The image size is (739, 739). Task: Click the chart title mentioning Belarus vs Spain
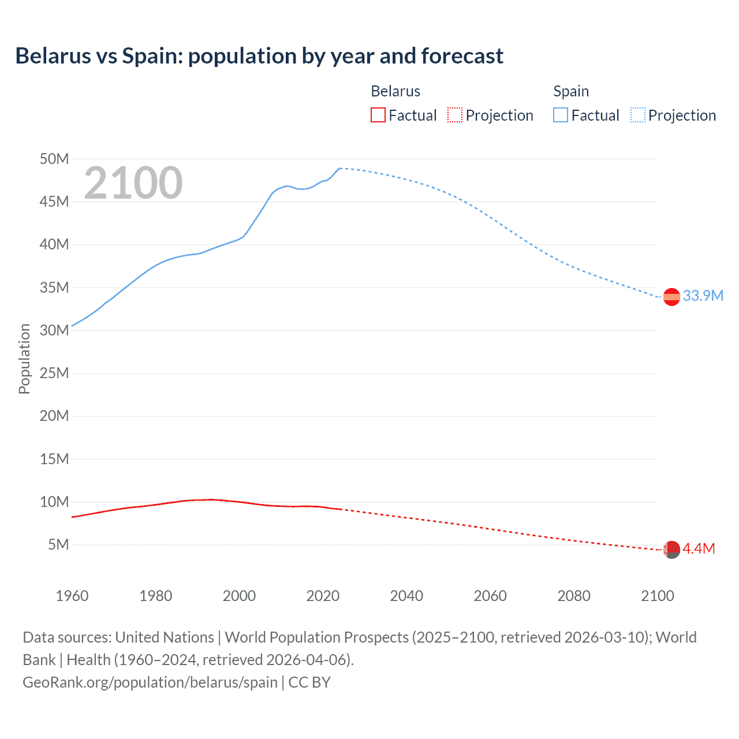[x=259, y=56]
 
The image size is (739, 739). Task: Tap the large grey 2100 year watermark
[x=133, y=183]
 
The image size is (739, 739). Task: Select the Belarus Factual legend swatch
[x=378, y=115]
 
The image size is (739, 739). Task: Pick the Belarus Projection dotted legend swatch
[x=455, y=115]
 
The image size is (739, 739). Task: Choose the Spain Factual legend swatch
[x=560, y=115]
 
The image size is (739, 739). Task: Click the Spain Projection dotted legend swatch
[x=637, y=115]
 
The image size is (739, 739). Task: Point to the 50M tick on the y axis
[x=54, y=159]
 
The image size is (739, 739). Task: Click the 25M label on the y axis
[x=54, y=373]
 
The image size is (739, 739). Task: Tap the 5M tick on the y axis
[x=58, y=544]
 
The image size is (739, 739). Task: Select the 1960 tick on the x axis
[x=72, y=596]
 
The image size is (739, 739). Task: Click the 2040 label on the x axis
[x=406, y=596]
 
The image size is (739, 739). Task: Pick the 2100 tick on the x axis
[x=657, y=596]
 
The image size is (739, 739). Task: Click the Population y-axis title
[x=24, y=359]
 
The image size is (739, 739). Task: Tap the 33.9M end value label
[x=703, y=296]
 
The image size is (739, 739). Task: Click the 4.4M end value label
[x=699, y=549]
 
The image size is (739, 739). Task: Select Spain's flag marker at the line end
[x=671, y=297]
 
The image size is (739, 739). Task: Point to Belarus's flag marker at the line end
[x=671, y=550]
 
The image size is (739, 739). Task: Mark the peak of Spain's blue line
[x=340, y=168]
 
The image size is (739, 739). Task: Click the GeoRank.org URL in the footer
[x=150, y=682]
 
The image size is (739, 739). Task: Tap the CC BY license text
[x=309, y=682]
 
